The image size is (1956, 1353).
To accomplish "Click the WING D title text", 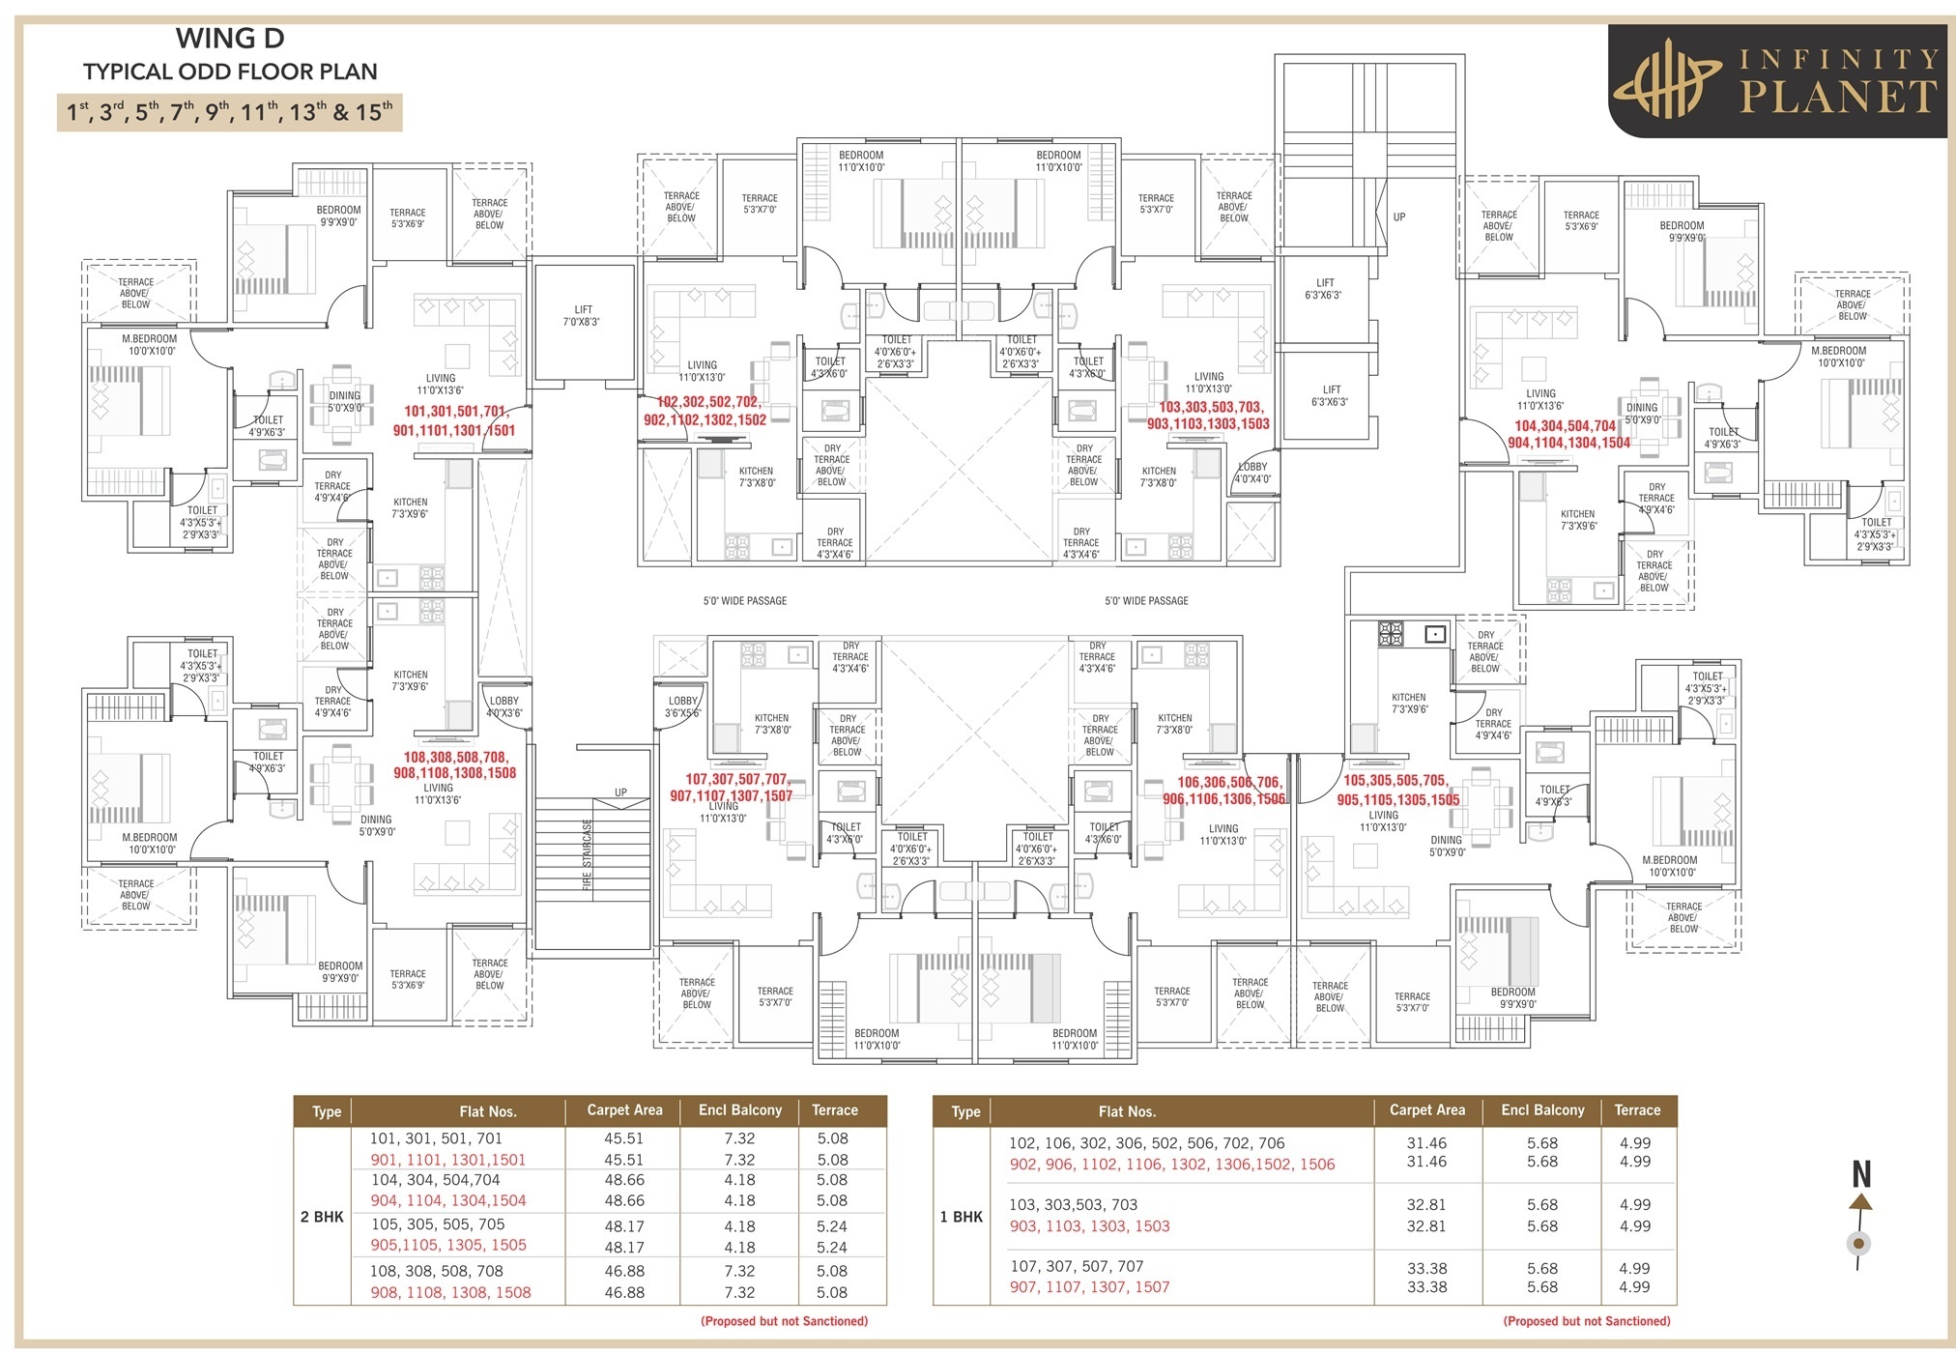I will tap(230, 39).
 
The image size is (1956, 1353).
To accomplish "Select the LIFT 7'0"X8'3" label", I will tap(583, 316).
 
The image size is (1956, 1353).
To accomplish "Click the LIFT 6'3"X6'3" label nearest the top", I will tap(1323, 289).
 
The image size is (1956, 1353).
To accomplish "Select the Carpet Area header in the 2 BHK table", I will tap(624, 1110).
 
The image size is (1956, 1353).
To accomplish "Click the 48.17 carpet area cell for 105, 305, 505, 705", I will tap(624, 1225).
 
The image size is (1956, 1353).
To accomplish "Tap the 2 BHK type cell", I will tap(322, 1217).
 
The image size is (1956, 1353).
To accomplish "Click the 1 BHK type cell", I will tap(962, 1217).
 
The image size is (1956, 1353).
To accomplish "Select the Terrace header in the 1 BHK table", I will tap(1637, 1110).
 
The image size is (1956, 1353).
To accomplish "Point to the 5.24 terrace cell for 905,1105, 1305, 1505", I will tap(831, 1247).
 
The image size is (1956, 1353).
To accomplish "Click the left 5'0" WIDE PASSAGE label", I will tap(744, 601).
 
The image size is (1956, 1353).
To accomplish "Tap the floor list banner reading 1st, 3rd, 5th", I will tap(230, 112).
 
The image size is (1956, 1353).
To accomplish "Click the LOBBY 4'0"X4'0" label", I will tap(1253, 473).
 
